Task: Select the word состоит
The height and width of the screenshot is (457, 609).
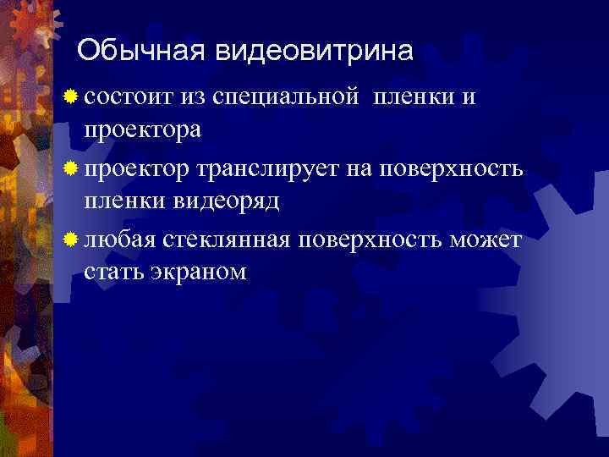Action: [129, 98]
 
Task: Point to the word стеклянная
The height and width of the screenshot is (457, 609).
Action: [222, 241]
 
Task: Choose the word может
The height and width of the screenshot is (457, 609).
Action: [486, 241]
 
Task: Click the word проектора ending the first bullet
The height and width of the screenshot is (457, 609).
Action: [141, 130]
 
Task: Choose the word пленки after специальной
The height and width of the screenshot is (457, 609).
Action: [412, 98]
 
